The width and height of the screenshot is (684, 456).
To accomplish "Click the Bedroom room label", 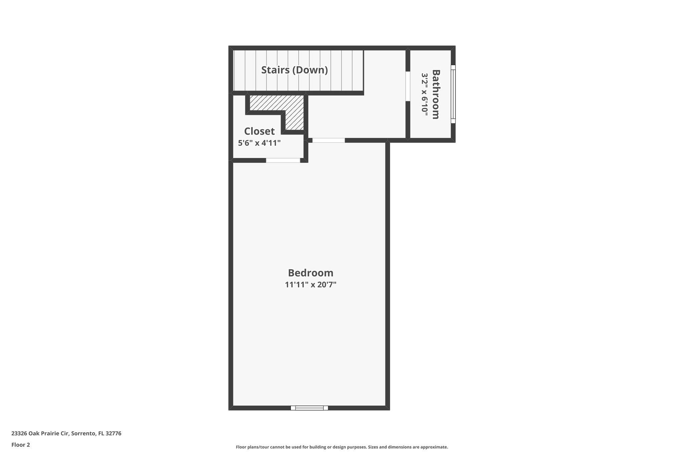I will click(311, 273).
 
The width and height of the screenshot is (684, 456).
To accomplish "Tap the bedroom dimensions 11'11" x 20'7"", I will click(311, 285).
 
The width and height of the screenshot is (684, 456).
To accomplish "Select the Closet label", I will click(259, 131).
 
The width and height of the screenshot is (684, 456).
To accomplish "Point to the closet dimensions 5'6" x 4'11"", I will click(259, 143).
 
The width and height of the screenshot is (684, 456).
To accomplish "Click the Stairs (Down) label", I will click(294, 70).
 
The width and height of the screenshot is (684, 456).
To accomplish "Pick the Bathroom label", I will click(436, 94).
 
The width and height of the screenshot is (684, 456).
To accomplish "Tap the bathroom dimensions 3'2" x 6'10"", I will click(424, 95).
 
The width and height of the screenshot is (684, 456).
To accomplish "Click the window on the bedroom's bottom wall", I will click(309, 408).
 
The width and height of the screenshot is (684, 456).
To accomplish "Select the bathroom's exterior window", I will click(453, 94).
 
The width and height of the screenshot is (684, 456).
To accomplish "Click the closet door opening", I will click(283, 160).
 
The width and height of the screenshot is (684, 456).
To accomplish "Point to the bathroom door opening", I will click(408, 86).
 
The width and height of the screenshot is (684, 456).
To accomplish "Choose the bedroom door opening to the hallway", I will click(329, 140).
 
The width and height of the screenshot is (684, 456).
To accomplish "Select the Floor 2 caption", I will click(21, 445).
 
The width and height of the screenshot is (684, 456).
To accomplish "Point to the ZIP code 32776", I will click(113, 434).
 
